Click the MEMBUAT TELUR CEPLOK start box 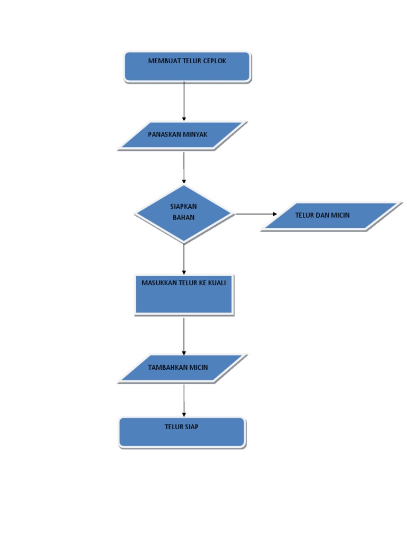(x=187, y=67)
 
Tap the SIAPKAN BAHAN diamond (x=184, y=214)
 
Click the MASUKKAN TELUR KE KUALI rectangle (x=184, y=294)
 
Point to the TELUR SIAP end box (x=182, y=432)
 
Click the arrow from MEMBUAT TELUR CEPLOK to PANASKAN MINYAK (x=184, y=101)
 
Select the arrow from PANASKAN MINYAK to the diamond (x=184, y=167)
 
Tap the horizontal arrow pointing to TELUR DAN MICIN (x=256, y=214)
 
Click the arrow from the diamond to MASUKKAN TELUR (x=184, y=259)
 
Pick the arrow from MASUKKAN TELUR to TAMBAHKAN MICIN (x=184, y=336)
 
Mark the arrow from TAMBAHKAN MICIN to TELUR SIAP (x=184, y=400)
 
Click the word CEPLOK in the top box (x=214, y=61)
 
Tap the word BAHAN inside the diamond (x=183, y=217)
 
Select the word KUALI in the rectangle (x=216, y=283)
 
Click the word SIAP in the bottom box (x=191, y=427)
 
